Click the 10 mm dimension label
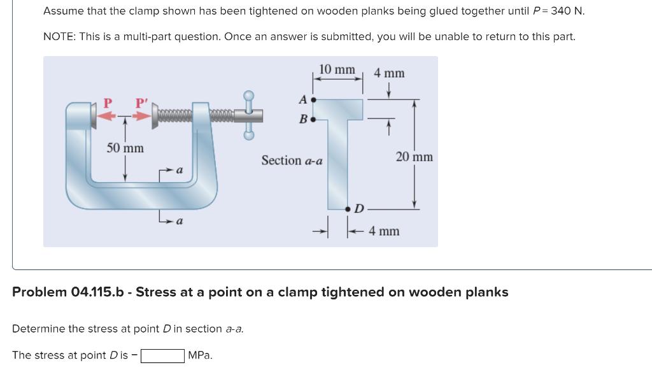pos(337,69)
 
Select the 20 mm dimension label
pos(414,157)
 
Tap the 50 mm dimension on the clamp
pos(125,148)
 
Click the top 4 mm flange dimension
pos(389,73)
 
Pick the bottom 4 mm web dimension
pos(385,231)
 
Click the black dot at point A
pos(313,100)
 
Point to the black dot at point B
pos(313,119)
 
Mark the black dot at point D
pos(348,208)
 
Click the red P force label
pos(108,103)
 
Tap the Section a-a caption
pos(292,161)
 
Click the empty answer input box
pos(162,355)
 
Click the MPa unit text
pos(201,355)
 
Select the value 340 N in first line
pos(565,11)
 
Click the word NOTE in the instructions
pos(59,36)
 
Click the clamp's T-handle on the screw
pos(250,114)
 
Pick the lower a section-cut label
pos(180,222)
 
